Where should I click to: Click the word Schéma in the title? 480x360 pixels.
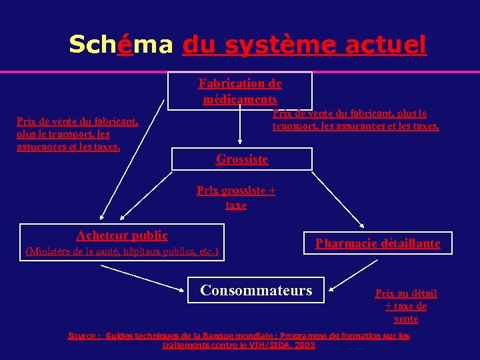[x=121, y=45]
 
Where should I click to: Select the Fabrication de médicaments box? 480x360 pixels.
[x=240, y=91]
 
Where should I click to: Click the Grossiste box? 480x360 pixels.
[x=242, y=159]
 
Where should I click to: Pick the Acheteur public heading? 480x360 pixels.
[x=122, y=235]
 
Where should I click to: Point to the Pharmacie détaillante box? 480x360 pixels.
[x=377, y=243]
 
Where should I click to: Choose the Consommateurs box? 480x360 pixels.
[x=256, y=291]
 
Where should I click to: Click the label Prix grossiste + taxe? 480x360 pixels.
[x=236, y=198]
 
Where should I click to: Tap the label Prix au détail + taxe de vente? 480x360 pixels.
[x=406, y=306]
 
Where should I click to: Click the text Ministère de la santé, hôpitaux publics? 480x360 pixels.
[x=121, y=252]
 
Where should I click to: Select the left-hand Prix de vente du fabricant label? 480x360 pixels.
[x=77, y=134]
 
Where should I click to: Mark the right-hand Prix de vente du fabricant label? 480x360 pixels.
[x=355, y=120]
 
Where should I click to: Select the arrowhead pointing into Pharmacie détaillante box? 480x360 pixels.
[x=362, y=226]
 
